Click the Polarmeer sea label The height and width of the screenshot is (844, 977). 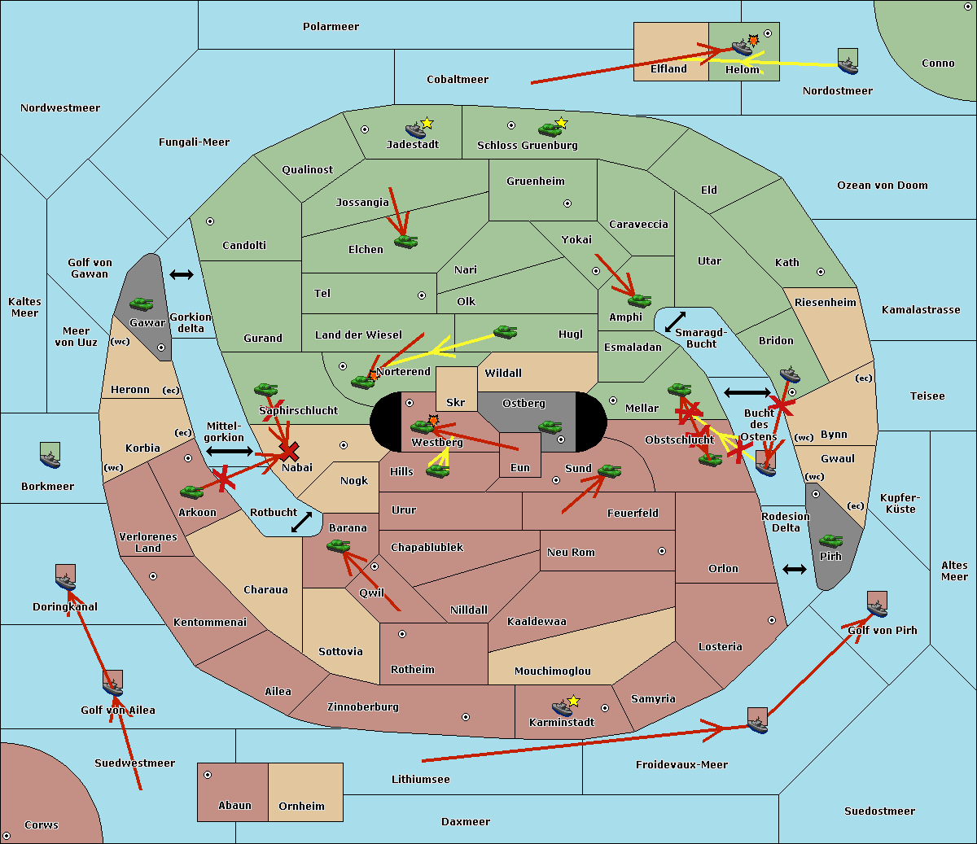tap(331, 27)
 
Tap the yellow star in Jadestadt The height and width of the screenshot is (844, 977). tap(427, 124)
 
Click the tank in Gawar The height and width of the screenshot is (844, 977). tap(142, 304)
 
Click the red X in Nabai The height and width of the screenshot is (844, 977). tap(288, 451)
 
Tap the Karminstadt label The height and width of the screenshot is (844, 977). tap(562, 723)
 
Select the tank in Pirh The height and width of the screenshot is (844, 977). tap(830, 541)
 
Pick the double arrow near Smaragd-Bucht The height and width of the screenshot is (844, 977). tap(675, 322)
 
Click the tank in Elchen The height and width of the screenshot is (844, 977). tap(405, 242)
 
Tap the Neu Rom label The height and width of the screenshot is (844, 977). tap(571, 553)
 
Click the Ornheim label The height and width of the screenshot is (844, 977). tap(301, 807)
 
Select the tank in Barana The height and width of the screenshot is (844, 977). tap(338, 546)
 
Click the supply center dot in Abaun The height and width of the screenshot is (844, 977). tap(208, 775)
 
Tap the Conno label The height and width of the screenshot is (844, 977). tap(938, 63)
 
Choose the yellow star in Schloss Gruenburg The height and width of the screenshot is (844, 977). tap(560, 124)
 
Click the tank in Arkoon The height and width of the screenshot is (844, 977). tap(191, 492)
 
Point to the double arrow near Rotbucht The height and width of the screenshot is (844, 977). tap(301, 523)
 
